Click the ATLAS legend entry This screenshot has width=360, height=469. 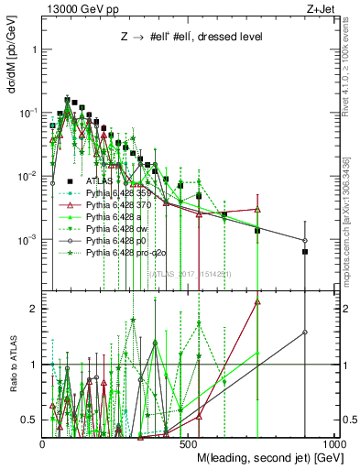click(111, 181)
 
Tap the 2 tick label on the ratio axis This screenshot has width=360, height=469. click(34, 309)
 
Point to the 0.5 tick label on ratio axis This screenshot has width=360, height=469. click(30, 420)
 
